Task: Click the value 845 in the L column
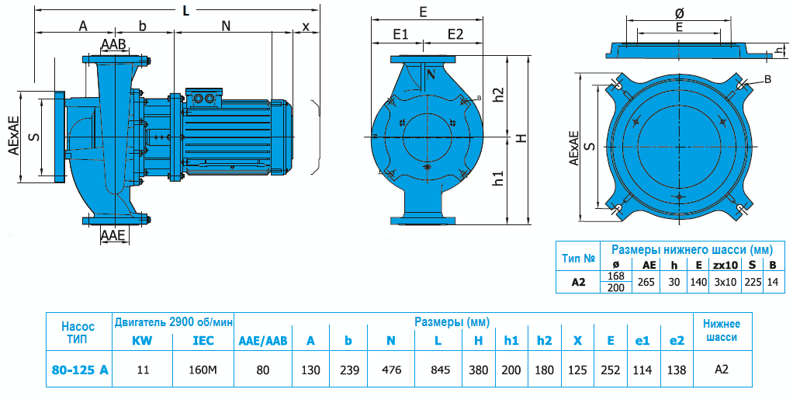tap(440, 370)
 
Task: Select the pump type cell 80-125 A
tap(78, 370)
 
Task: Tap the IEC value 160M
tap(203, 370)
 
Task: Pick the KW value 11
tap(143, 370)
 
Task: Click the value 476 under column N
tap(392, 370)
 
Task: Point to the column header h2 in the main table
tap(544, 340)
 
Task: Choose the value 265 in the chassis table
tap(646, 282)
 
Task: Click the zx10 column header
tap(725, 265)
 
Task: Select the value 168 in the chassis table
tap(616, 276)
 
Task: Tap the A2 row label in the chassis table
tap(578, 282)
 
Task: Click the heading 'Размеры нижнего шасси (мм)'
tap(691, 250)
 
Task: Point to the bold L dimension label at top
tap(185, 10)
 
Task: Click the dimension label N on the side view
tap(226, 26)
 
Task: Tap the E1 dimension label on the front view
tap(400, 34)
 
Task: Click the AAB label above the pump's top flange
tap(113, 43)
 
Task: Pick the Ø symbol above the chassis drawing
tap(679, 13)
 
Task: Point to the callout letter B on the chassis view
tap(767, 79)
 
